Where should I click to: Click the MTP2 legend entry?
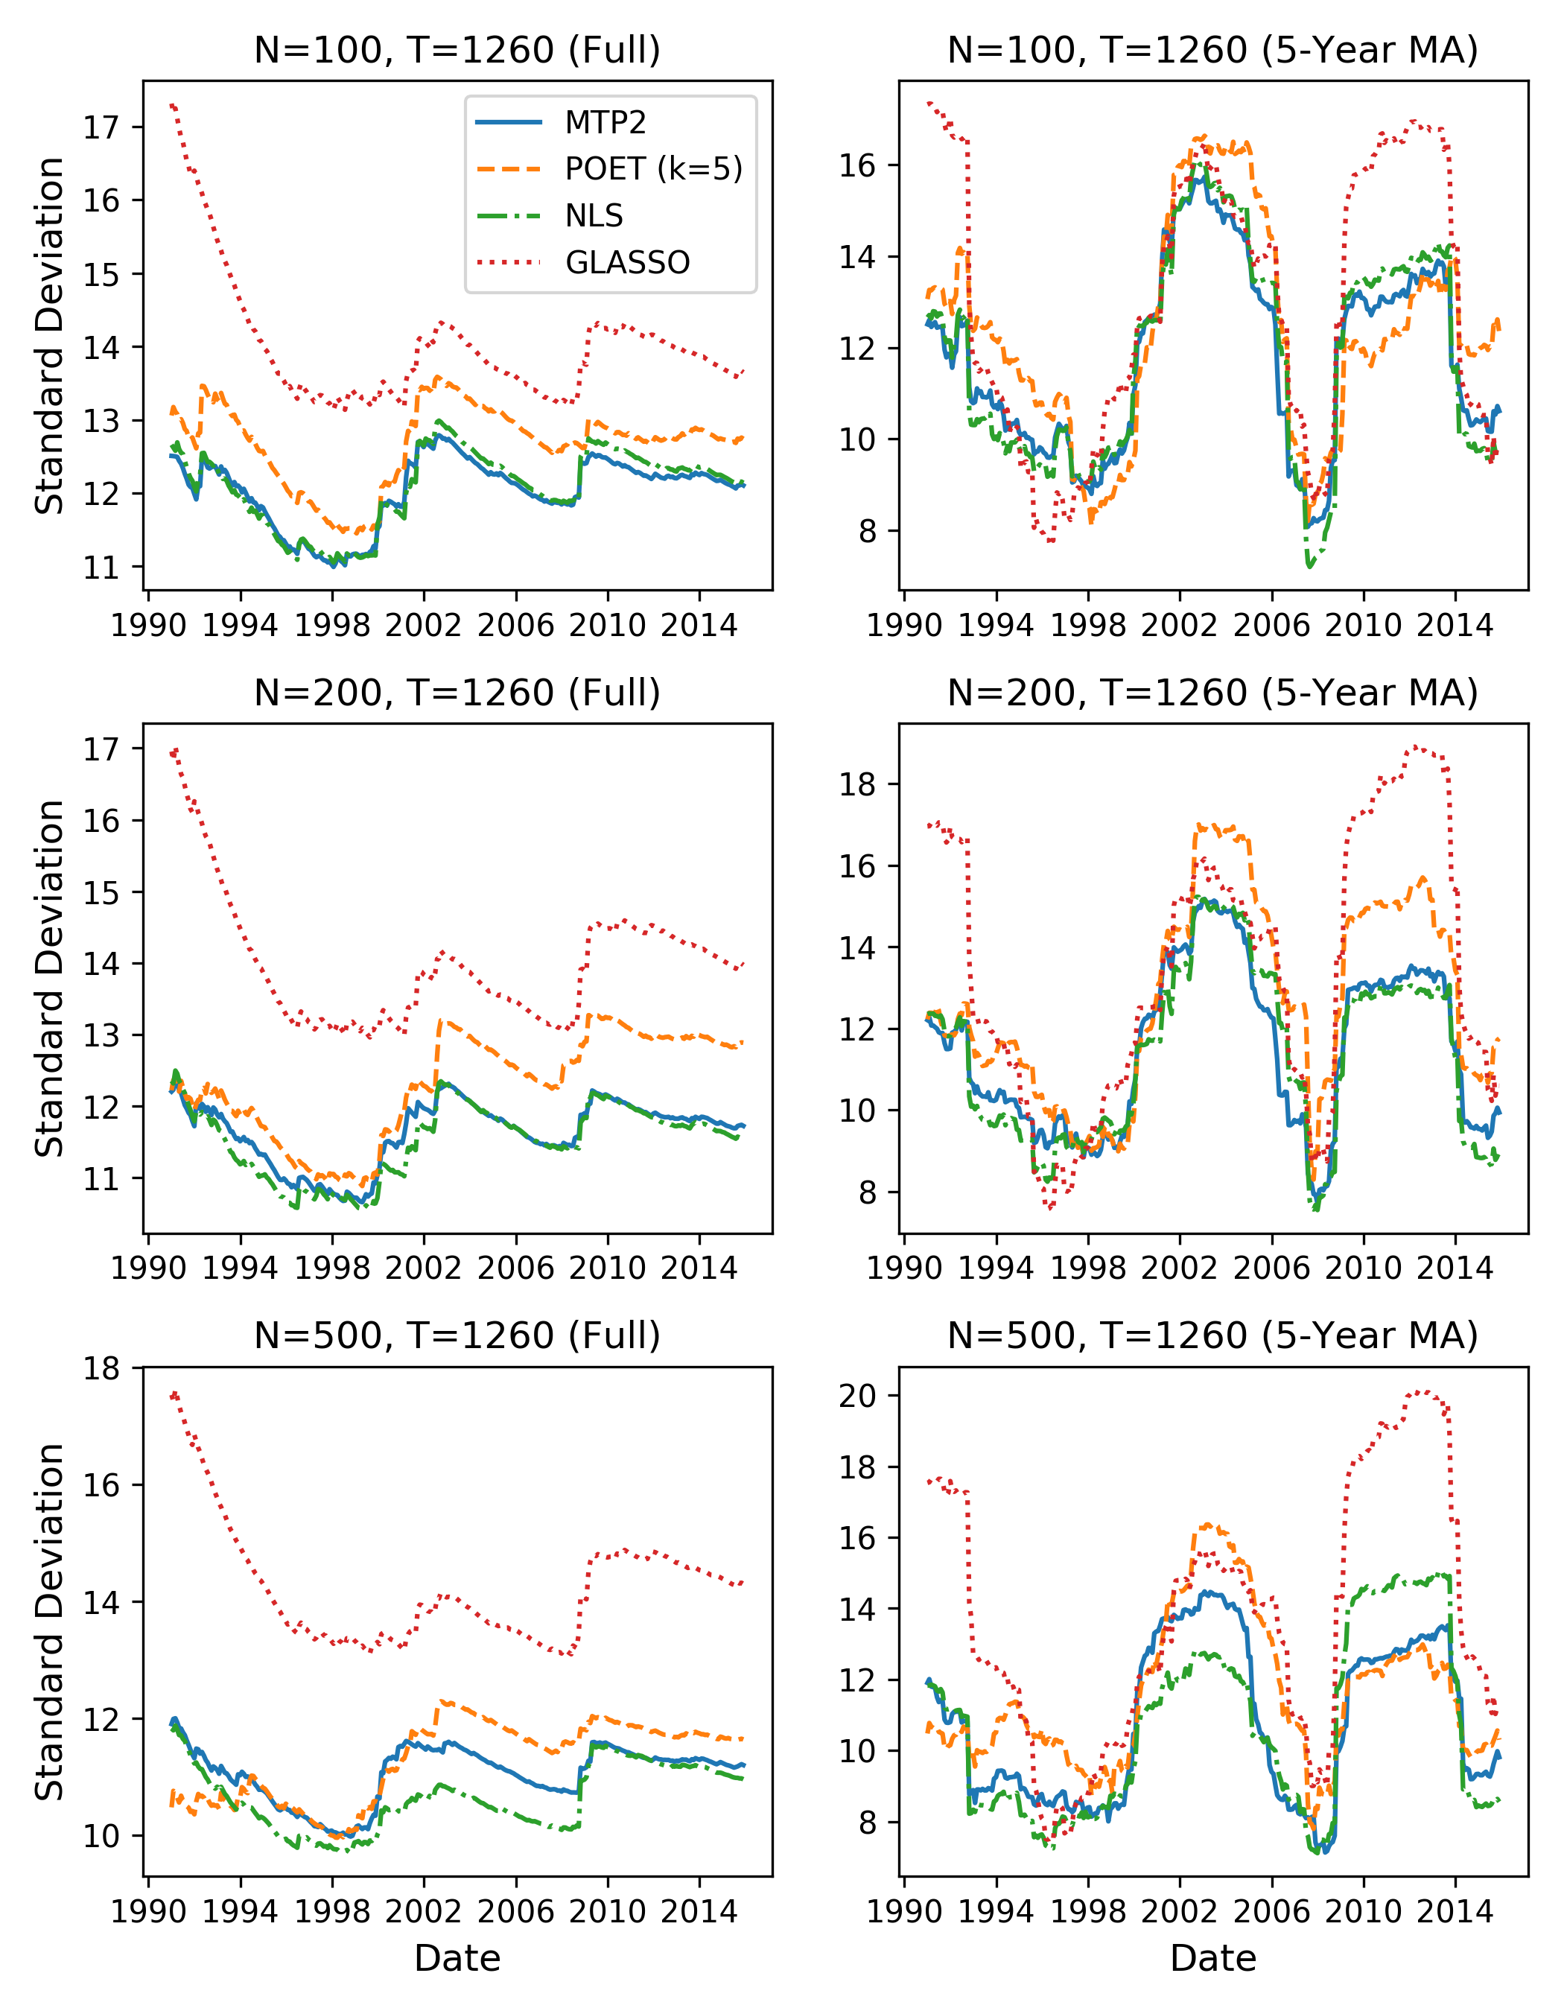[605, 122]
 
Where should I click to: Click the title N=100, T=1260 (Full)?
[457, 50]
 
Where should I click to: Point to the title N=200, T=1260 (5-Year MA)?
[1212, 693]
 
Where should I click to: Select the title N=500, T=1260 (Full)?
[457, 1335]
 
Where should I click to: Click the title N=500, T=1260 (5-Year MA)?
[1212, 1335]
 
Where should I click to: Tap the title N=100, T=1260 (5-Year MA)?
[1212, 50]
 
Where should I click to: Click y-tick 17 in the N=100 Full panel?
[101, 127]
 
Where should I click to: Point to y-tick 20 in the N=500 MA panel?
[856, 1396]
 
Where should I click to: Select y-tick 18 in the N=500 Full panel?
[101, 1368]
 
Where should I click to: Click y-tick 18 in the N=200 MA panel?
[856, 784]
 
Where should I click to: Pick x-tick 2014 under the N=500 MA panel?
[1455, 1913]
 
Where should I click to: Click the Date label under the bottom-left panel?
[457, 1960]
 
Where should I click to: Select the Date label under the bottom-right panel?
[1212, 1960]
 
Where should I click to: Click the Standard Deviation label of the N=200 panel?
[50, 978]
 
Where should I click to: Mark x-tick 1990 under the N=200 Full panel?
[149, 1269]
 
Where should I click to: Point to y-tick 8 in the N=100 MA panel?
[867, 531]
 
